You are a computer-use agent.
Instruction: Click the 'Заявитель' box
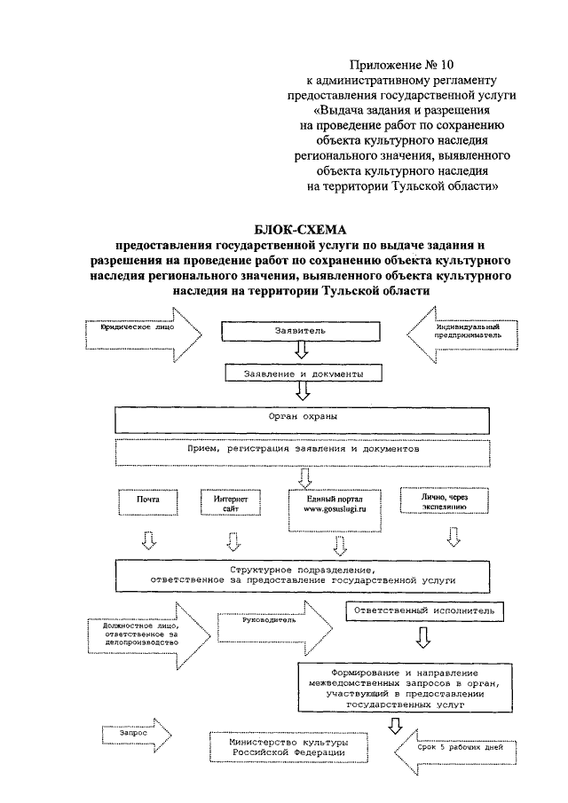302,331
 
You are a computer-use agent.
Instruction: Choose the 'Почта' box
147,503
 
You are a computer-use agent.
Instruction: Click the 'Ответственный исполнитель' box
424,611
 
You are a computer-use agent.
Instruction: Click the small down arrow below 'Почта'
150,540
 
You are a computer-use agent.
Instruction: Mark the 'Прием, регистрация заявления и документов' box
302,451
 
